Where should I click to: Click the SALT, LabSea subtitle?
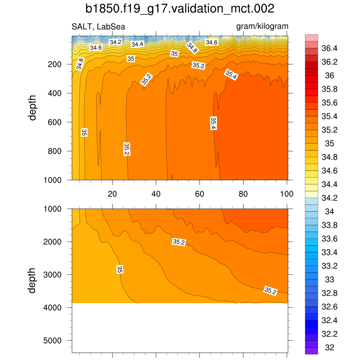(98, 27)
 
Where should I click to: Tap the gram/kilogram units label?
(262, 26)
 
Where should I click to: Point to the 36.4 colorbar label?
(329, 48)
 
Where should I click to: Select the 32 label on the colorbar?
(329, 348)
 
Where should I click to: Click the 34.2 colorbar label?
(329, 198)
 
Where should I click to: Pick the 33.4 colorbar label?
(329, 252)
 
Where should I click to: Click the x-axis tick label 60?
(199, 194)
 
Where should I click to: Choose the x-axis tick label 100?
(287, 194)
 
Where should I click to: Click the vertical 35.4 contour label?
(213, 123)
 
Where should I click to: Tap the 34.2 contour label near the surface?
(115, 42)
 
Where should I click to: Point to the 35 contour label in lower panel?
(120, 270)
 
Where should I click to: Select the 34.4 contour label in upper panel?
(137, 44)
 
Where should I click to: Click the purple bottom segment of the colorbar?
(311, 351)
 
